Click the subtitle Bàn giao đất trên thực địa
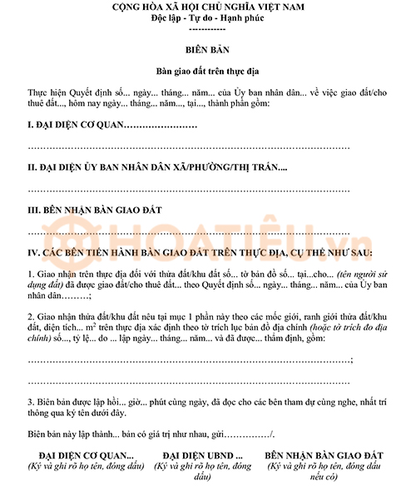(207, 72)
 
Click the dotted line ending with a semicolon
(191, 360)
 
